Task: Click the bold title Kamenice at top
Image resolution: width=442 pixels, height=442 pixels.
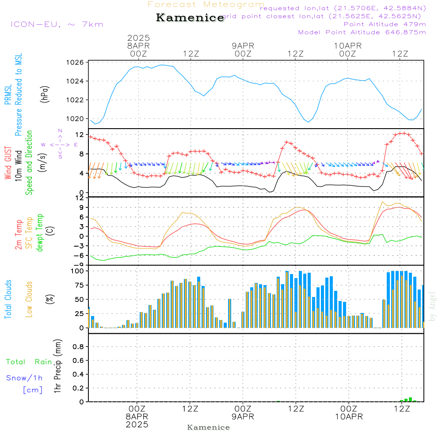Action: coord(190,18)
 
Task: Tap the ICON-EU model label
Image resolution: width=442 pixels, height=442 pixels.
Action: coord(57,24)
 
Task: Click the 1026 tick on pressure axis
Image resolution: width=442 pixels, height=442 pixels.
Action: coord(75,62)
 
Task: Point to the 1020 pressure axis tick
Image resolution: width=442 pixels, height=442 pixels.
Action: coord(75,118)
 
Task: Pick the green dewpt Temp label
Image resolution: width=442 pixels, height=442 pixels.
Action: coord(40,233)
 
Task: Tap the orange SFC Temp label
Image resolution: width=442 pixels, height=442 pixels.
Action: coord(29,233)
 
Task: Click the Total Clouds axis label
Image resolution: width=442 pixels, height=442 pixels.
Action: coord(8,299)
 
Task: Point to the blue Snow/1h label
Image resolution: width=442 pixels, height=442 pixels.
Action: coord(24,378)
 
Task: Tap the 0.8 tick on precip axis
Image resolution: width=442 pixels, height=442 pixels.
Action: coord(78,347)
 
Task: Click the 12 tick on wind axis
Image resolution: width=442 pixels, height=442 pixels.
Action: coord(80,134)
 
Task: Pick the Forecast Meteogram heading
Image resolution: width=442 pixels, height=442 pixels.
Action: coord(206,5)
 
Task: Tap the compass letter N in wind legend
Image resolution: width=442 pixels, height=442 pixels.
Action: coord(60,131)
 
